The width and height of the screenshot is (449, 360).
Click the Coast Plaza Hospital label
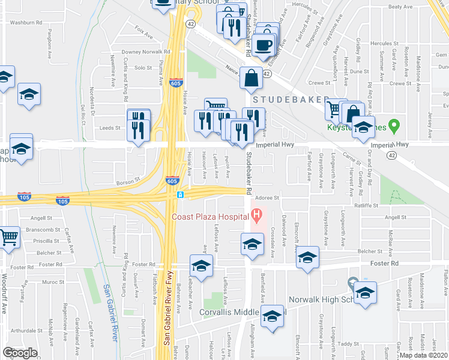tap(210, 217)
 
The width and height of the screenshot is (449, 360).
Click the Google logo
tap(20, 353)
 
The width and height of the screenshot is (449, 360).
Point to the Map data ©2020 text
tap(423, 355)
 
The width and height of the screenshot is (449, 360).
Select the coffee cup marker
tap(264, 44)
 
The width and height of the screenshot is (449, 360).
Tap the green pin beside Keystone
tap(394, 127)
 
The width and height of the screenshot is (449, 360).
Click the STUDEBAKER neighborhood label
tap(291, 98)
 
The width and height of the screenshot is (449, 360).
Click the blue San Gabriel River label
tap(110, 312)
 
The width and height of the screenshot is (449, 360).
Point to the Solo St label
tap(143, 68)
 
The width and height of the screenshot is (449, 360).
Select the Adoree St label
tap(268, 197)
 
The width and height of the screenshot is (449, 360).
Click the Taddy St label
tap(345, 343)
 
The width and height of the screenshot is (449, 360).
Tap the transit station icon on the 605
tap(180, 195)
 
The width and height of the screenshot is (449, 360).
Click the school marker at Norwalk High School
tap(365, 293)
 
